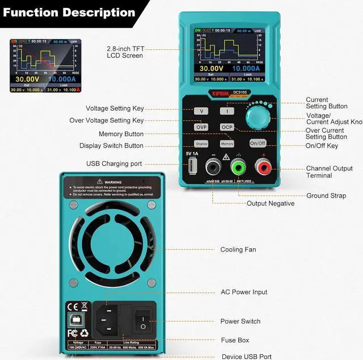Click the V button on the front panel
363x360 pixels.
click(201, 111)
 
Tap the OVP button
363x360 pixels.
click(201, 127)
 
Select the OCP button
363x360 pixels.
click(227, 127)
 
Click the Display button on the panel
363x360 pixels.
click(201, 144)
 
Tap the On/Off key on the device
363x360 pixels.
click(258, 143)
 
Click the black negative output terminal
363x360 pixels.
click(213, 167)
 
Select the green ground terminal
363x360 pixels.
click(238, 167)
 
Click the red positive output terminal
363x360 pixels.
click(262, 167)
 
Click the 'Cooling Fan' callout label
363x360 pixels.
click(238, 250)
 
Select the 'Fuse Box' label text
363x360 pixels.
click(235, 340)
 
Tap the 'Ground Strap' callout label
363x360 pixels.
click(326, 196)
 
